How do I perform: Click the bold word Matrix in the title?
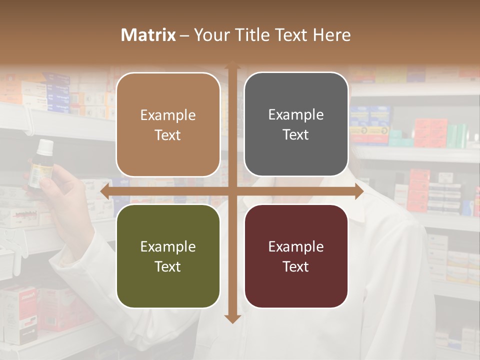[148, 35]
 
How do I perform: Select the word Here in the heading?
[331, 35]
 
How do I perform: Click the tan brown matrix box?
[168, 125]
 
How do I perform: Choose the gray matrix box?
[296, 124]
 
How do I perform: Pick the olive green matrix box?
[168, 256]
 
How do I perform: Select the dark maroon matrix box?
[296, 256]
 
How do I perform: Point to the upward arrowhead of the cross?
[232, 65]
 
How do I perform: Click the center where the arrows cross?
[232, 191]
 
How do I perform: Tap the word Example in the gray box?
[296, 114]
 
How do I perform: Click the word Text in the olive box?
[168, 266]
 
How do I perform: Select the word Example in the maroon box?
[296, 246]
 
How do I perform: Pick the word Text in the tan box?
[168, 135]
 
